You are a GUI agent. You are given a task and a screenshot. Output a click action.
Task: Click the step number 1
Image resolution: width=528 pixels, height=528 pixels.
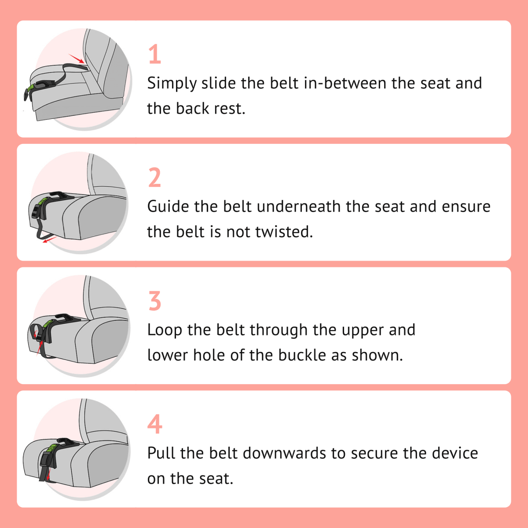pyautogui.click(x=154, y=55)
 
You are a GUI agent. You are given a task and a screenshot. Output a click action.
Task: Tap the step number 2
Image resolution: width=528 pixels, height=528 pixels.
pyautogui.click(x=155, y=178)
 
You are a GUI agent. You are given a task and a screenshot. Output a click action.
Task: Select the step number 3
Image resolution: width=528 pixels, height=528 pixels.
pyautogui.click(x=155, y=301)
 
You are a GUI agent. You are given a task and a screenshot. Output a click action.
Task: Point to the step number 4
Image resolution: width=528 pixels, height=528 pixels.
pyautogui.click(x=155, y=424)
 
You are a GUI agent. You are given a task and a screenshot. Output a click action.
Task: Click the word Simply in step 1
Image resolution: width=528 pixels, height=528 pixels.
pyautogui.click(x=172, y=84)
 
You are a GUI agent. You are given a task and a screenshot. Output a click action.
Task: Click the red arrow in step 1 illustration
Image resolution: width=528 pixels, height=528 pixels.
pyautogui.click(x=77, y=58)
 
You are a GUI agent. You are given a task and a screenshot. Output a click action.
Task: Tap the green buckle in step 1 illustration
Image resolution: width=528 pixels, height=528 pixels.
pyautogui.click(x=31, y=89)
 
